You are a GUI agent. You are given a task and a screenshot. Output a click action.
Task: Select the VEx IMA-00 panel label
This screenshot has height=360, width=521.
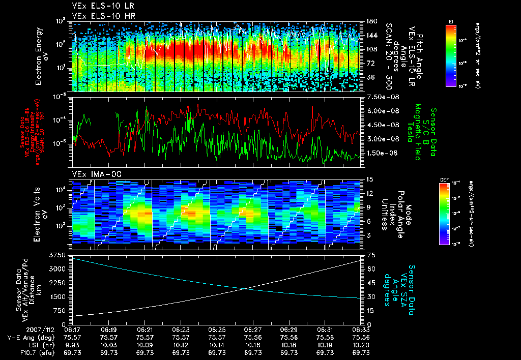92,174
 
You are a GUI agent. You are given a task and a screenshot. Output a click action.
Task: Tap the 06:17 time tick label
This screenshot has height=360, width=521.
73,329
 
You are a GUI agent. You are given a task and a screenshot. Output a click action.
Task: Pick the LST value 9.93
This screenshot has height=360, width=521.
73,344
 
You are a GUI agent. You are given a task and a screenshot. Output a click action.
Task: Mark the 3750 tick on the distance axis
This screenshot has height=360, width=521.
61,254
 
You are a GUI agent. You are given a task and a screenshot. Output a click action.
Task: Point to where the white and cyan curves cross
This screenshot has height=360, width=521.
247,288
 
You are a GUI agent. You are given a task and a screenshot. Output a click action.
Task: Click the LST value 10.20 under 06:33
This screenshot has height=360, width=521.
360,344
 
